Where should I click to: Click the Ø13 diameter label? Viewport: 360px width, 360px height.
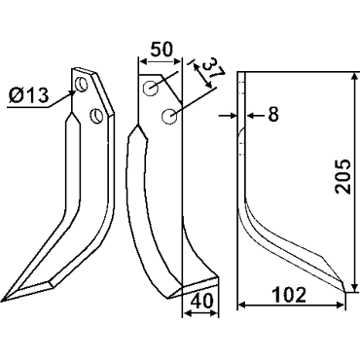(x=29, y=95)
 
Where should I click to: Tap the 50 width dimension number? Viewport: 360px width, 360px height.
(x=162, y=50)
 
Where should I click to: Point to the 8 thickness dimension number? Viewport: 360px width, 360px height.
(x=273, y=114)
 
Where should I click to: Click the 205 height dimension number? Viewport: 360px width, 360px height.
(x=343, y=177)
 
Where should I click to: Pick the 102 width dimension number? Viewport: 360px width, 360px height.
(x=289, y=295)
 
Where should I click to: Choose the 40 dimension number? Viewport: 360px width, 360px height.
(x=201, y=302)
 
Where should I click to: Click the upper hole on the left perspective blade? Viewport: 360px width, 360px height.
(x=81, y=85)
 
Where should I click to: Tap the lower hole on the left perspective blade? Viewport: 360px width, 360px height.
(x=96, y=116)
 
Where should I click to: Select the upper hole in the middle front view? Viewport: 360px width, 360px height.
(x=152, y=88)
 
